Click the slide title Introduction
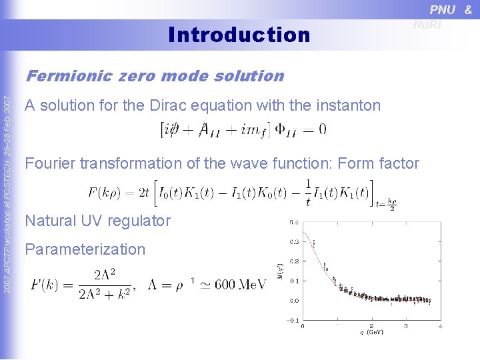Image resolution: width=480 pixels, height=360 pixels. coord(239,34)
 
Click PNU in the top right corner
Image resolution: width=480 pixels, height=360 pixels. coord(443,9)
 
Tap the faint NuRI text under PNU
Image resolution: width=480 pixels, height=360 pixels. coord(427,25)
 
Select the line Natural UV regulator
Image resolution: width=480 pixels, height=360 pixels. coord(97,221)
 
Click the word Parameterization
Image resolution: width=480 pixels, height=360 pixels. coord(85,249)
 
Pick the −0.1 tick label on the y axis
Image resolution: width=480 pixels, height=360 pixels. coord(292,321)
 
